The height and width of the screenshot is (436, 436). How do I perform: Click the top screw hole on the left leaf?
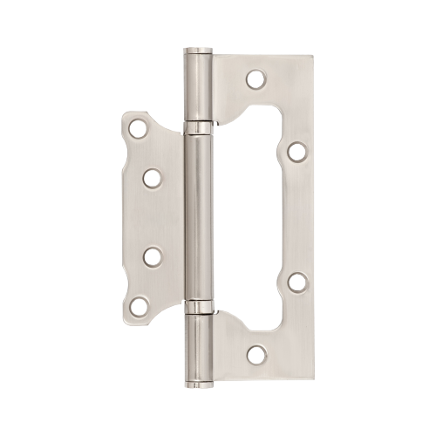pyautogui.click(x=137, y=130)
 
